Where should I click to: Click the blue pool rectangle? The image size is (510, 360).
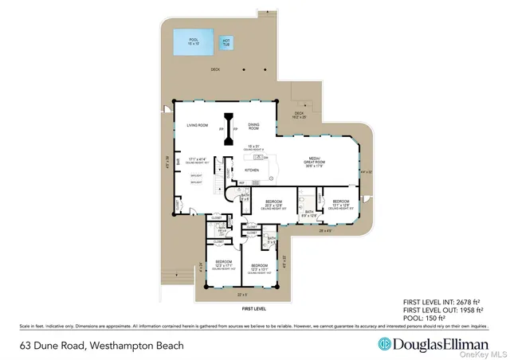pyautogui.click(x=194, y=44)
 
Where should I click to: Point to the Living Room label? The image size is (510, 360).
pyautogui.click(x=197, y=126)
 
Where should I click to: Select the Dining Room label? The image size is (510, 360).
pyautogui.click(x=254, y=126)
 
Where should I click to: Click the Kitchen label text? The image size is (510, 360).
pyautogui.click(x=252, y=170)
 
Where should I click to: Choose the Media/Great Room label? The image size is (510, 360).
pyautogui.click(x=310, y=162)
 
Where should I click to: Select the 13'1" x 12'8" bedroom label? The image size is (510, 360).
pyautogui.click(x=340, y=202)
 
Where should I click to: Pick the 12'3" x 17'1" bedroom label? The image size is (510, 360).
pyautogui.click(x=223, y=264)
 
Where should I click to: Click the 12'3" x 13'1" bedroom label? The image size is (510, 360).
pyautogui.click(x=259, y=268)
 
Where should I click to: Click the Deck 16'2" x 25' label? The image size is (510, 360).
pyautogui.click(x=300, y=115)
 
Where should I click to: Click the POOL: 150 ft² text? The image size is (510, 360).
pyautogui.click(x=425, y=318)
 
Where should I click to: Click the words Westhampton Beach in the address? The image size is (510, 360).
pyautogui.click(x=136, y=346)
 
